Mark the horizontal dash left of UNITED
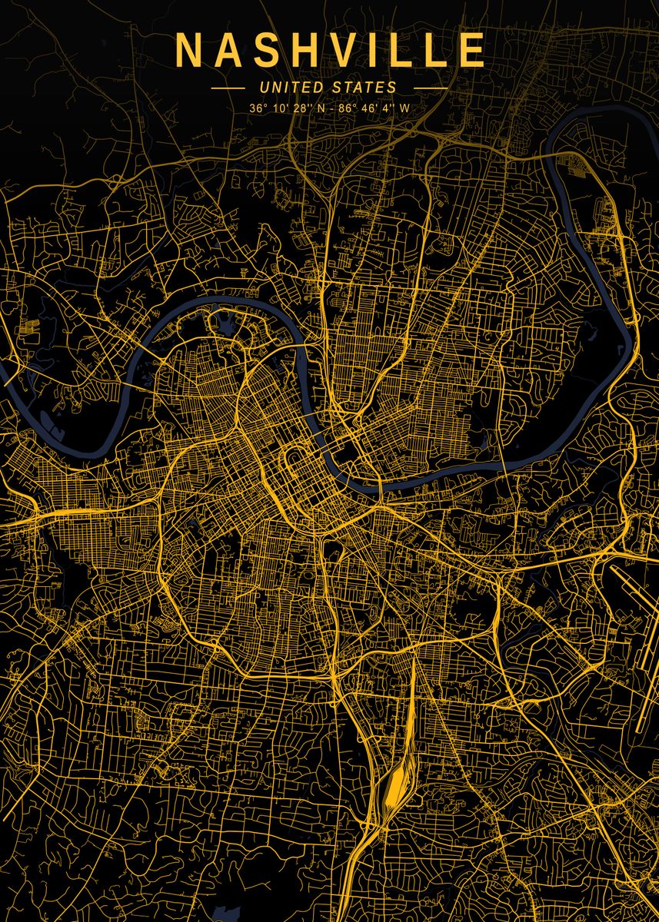click(228, 88)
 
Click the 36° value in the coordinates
click(258, 108)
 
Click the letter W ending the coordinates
click(404, 108)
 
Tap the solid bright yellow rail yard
click(396, 784)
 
